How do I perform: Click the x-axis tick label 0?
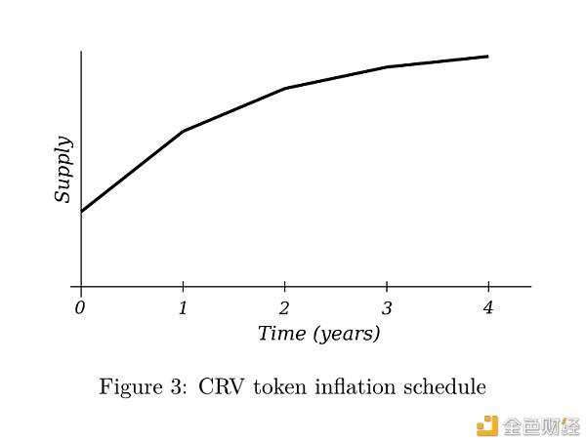tap(80, 308)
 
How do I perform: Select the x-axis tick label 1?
tap(183, 308)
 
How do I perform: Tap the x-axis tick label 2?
tap(284, 308)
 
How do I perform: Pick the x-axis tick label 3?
tap(387, 308)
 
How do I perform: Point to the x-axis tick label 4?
tap(488, 308)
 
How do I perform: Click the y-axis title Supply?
tap(63, 169)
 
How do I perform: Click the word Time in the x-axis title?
tap(282, 333)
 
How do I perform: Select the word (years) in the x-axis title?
tap(347, 334)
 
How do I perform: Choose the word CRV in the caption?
tap(222, 386)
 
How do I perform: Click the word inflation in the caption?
tap(356, 386)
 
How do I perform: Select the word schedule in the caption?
tap(444, 386)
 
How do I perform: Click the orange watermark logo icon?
tap(487, 425)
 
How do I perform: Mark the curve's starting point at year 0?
tap(81, 212)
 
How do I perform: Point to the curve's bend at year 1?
tap(184, 131)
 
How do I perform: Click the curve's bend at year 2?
tap(285, 89)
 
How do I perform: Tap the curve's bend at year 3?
tap(387, 67)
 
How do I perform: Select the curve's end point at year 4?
tap(488, 57)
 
